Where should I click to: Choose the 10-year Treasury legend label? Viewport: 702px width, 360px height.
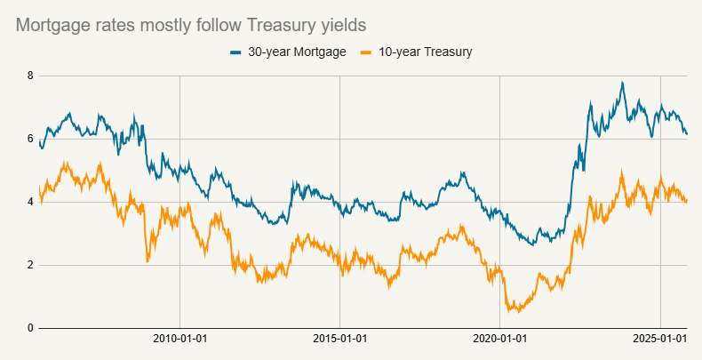(x=423, y=52)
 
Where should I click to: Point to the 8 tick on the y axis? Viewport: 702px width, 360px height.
(x=30, y=76)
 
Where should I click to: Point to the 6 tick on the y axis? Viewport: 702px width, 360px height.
(x=30, y=140)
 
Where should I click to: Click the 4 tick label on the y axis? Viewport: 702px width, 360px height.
(x=30, y=202)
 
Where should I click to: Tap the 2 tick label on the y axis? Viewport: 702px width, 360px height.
(x=30, y=265)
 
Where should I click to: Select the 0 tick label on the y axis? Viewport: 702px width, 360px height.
(x=30, y=328)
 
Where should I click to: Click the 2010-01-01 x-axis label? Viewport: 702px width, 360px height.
(x=179, y=340)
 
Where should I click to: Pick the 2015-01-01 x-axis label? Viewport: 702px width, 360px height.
(x=340, y=340)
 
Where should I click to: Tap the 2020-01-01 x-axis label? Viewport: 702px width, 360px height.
(x=500, y=340)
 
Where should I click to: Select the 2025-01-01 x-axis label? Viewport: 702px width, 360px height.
(x=660, y=340)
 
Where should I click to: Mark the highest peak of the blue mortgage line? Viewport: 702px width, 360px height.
(x=622, y=83)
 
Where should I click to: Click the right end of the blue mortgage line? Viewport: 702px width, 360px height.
(x=687, y=134)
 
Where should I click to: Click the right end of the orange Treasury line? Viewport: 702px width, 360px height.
(x=687, y=201)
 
